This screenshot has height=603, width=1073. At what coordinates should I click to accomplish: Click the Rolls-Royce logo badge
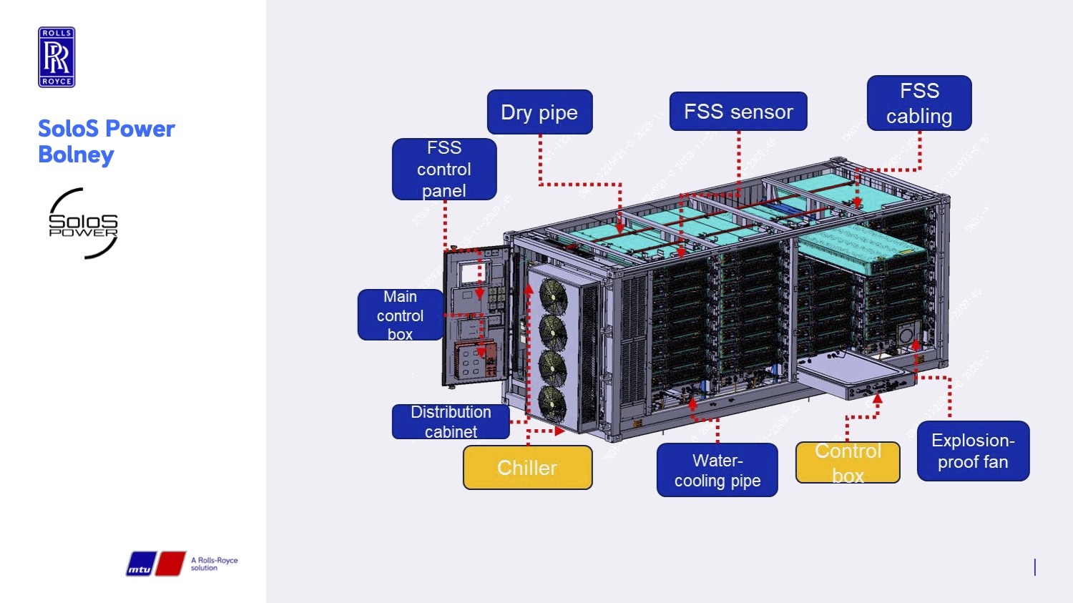pyautogui.click(x=57, y=57)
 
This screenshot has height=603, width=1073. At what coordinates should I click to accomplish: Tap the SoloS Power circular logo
pyautogui.click(x=83, y=223)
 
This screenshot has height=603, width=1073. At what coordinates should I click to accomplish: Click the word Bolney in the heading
pyautogui.click(x=76, y=155)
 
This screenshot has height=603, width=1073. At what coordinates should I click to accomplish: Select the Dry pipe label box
pyautogui.click(x=539, y=112)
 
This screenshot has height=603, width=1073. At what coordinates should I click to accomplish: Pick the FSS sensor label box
pyautogui.click(x=738, y=112)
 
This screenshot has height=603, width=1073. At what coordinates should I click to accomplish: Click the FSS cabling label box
pyautogui.click(x=919, y=104)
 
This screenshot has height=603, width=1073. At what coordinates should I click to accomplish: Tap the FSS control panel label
pyautogui.click(x=444, y=170)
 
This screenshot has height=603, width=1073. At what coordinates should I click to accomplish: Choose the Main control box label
pyautogui.click(x=400, y=315)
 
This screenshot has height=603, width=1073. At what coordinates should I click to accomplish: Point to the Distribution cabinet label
pyautogui.click(x=451, y=421)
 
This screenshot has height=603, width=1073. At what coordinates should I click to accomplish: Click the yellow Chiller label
pyautogui.click(x=527, y=468)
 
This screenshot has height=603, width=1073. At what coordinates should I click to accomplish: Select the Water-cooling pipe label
pyautogui.click(x=717, y=470)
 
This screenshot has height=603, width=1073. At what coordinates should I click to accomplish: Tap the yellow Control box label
pyautogui.click(x=848, y=463)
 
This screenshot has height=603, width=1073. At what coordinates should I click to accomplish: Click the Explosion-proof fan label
pyautogui.click(x=973, y=451)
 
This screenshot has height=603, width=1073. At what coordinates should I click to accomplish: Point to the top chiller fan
pyautogui.click(x=552, y=296)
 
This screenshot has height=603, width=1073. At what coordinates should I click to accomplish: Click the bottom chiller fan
pyautogui.click(x=552, y=404)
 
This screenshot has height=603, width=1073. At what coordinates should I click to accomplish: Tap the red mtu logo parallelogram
pyautogui.click(x=170, y=564)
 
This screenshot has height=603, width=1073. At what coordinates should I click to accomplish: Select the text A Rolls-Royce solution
pyautogui.click(x=214, y=564)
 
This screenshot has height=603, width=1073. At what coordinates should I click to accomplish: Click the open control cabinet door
pyautogui.click(x=475, y=315)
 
